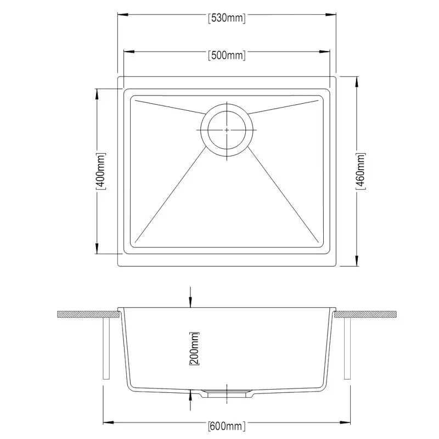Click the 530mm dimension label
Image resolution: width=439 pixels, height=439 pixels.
[x=227, y=18]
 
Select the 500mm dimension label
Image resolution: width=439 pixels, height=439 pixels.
[x=227, y=55]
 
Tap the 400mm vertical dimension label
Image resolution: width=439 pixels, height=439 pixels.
[x=100, y=171]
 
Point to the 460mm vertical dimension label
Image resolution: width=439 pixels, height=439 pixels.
[x=361, y=171]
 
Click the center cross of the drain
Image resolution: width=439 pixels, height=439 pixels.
[x=227, y=130]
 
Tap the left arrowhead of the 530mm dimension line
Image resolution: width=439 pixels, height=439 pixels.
[x=121, y=18]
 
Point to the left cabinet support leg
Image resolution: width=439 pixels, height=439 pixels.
[x=106, y=348]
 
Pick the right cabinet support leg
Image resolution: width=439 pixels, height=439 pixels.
[x=347, y=348]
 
